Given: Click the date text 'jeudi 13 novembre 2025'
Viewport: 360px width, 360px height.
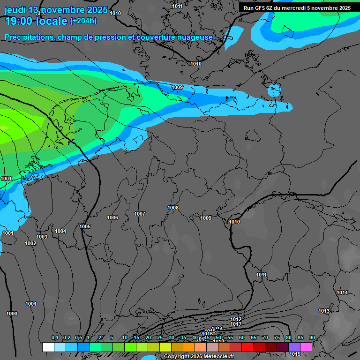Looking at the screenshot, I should point(56,10).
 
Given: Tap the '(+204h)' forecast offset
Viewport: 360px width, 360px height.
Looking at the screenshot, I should point(83,21).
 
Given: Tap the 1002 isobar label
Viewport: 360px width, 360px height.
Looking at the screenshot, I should point(30,243).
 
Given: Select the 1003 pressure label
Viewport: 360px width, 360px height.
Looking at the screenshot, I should point(42,237).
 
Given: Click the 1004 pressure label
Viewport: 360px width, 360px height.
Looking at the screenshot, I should point(60,231).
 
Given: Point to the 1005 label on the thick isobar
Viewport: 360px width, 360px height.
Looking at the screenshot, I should point(85,226).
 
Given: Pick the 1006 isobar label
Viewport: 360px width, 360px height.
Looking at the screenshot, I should point(112,217).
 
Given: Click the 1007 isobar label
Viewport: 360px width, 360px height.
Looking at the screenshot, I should point(140,214).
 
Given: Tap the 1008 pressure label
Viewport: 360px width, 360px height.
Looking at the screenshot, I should point(173,208).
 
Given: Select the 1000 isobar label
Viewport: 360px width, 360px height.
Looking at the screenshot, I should point(12,314).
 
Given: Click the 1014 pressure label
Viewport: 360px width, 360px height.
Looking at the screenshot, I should point(342,292).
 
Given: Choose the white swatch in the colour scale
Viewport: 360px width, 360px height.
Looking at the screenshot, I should point(48,347).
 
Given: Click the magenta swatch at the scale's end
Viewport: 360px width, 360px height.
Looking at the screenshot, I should point(306,347).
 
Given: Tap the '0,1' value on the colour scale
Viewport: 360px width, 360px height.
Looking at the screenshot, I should point(55,338).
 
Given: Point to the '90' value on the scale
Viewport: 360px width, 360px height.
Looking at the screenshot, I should point(312,338).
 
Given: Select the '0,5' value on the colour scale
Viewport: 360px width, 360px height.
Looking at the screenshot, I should point(78,338).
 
